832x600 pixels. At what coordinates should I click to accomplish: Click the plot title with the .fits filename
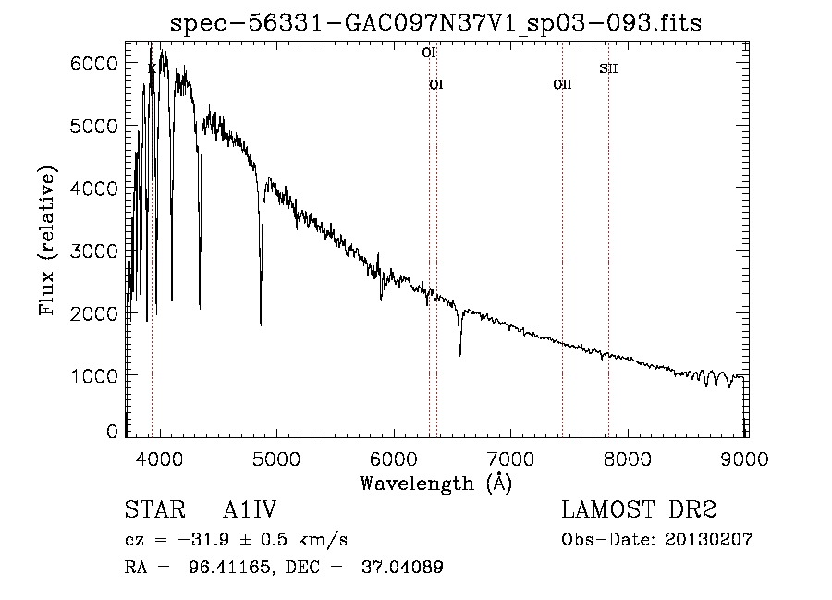pos(436,23)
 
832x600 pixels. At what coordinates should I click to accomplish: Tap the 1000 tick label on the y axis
pos(95,376)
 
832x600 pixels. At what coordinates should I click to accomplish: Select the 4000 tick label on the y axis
pos(95,188)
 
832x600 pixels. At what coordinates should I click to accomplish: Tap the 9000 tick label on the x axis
pos(747,458)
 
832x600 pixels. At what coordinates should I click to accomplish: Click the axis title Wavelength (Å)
pos(435,483)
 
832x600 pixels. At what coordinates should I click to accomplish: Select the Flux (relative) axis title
pos(47,240)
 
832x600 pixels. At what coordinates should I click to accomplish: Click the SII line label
pos(607,67)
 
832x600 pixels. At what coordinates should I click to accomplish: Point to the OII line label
pos(562,84)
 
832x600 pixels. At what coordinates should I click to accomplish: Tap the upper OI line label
pos(429,53)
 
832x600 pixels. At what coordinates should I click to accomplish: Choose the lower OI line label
pos(436,84)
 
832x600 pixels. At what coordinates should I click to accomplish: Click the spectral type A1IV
pos(251,510)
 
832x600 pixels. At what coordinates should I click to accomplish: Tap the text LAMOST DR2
pos(639,510)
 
